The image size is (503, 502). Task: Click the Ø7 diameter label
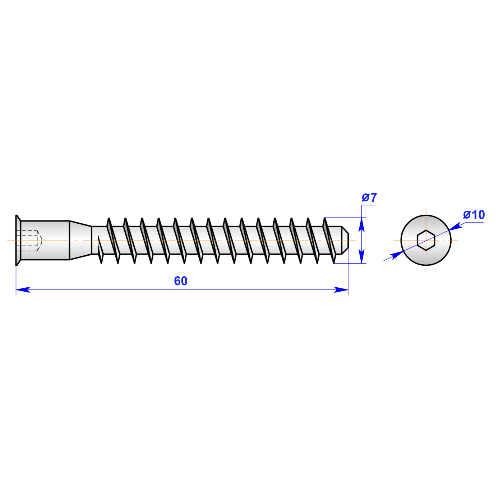click(369, 197)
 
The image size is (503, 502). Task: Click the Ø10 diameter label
click(474, 215)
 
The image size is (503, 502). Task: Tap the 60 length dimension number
click(181, 281)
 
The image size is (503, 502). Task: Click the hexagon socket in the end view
click(426, 241)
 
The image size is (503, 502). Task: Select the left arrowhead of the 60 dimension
click(23, 289)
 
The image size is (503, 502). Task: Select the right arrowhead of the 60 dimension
click(341, 289)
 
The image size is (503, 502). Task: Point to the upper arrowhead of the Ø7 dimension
click(361, 224)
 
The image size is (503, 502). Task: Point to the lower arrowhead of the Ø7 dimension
click(361, 256)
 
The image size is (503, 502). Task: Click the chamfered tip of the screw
click(345, 240)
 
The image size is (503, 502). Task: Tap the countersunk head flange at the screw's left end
click(18, 240)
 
